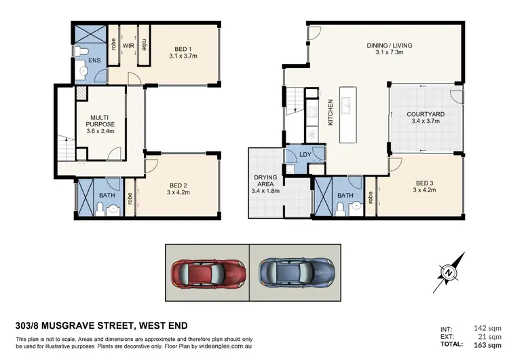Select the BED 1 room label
point(183,48)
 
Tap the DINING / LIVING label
point(390,46)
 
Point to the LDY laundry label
point(305,154)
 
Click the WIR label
point(127,46)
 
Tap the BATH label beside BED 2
point(107,195)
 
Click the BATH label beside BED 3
point(345,195)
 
